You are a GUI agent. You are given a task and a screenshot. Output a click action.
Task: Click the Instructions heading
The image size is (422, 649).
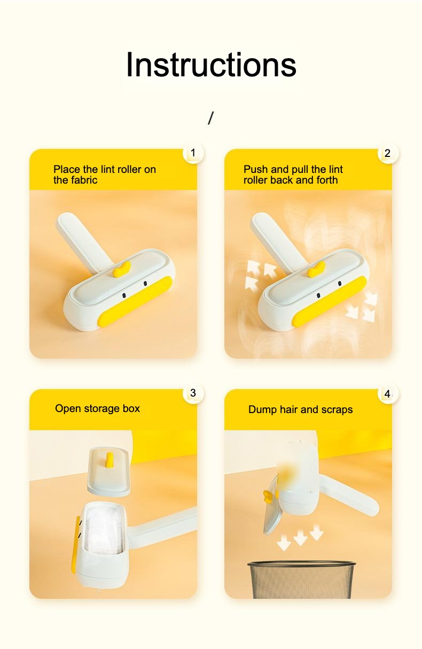[211, 65]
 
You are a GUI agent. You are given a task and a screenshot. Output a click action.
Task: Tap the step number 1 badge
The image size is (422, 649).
[193, 154]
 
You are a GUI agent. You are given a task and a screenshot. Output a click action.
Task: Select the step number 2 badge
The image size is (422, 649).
[388, 154]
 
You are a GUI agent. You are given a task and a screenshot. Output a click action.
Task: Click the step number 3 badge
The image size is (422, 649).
[193, 393]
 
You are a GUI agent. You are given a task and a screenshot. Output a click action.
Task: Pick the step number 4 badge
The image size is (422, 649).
[388, 394]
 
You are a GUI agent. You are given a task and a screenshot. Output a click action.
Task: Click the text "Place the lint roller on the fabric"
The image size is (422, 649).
[105, 175]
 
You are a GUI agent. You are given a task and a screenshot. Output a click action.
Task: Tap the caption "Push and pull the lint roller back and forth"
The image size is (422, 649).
[293, 175]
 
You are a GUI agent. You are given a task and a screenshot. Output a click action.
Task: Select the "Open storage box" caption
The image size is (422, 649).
[97, 409]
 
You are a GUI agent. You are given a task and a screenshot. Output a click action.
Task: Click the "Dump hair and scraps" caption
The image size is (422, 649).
[300, 410]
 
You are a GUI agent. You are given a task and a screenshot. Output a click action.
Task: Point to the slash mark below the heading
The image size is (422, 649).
[210, 118]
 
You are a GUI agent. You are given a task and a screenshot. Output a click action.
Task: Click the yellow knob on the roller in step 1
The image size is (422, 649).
[122, 269]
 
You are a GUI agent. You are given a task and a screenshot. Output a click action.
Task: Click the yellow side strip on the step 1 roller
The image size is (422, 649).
[136, 302]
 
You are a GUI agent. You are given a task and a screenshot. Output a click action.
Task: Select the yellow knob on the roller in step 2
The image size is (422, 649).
[317, 270]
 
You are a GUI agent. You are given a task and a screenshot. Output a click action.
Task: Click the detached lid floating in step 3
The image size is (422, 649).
[108, 472]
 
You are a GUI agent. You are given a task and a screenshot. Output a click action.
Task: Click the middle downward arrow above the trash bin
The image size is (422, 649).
[301, 539]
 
